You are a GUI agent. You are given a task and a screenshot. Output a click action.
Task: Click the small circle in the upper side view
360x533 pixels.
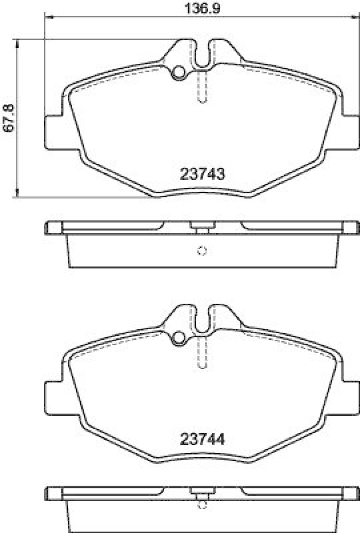click(202, 251)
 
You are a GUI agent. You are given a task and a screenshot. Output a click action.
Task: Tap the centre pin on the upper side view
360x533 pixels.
click(198, 227)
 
